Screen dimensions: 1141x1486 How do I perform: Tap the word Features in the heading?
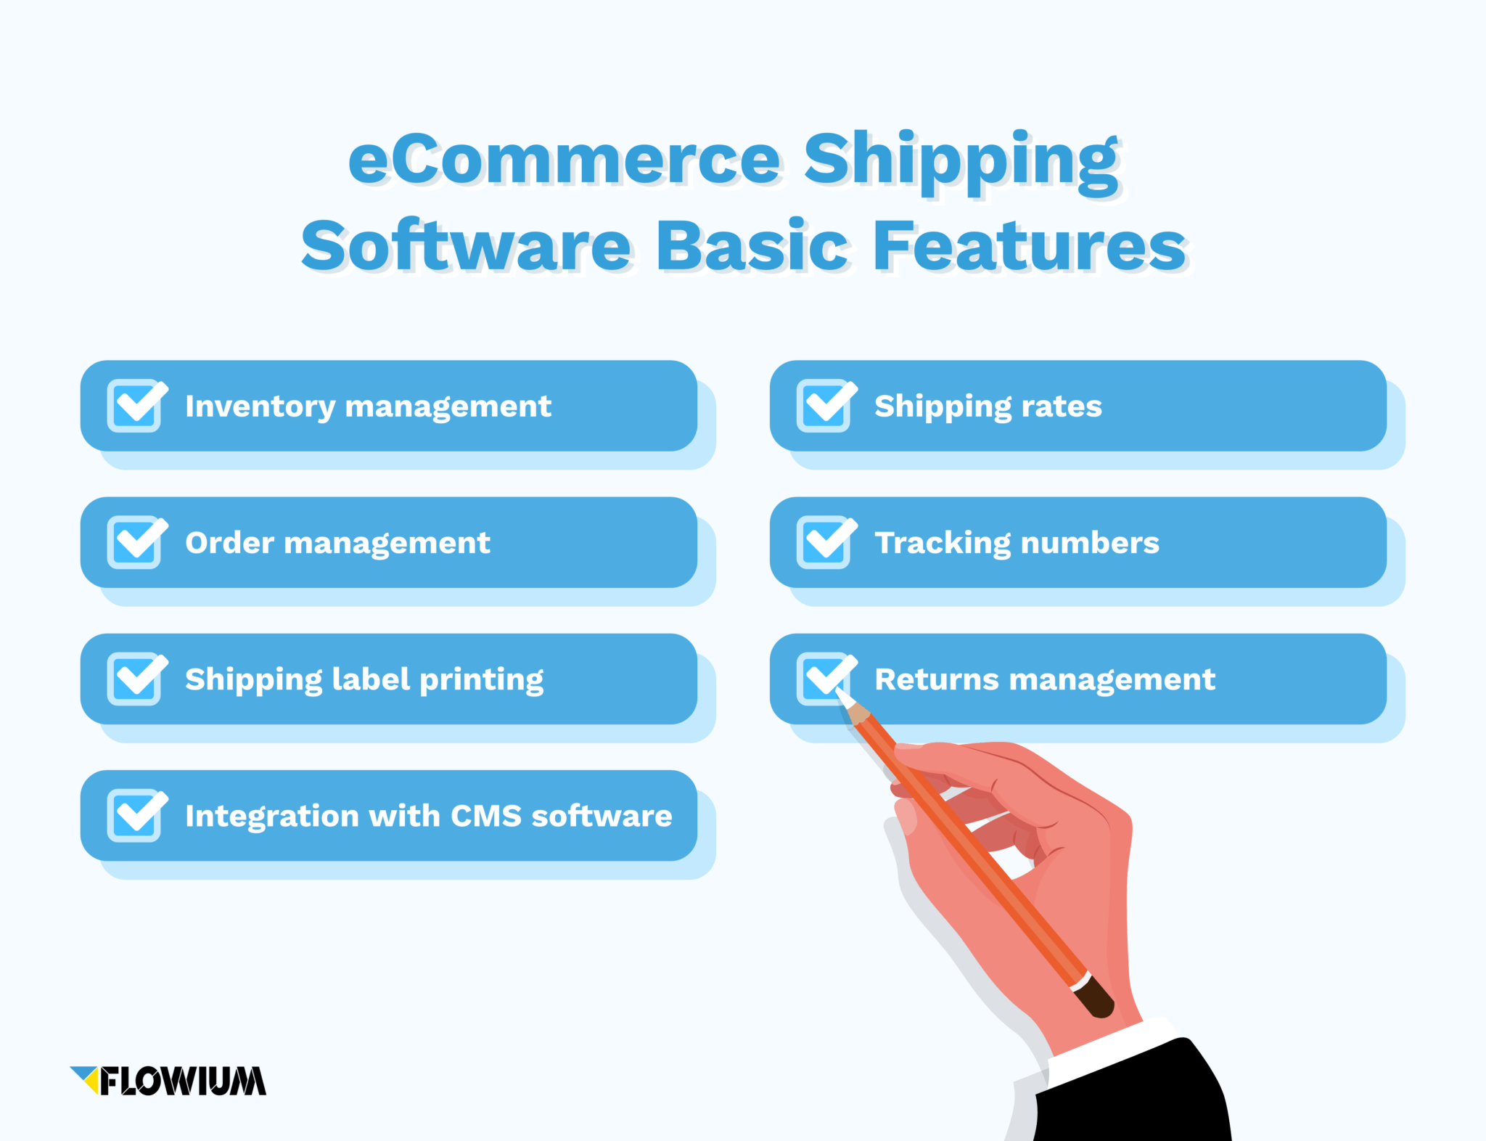tap(1029, 247)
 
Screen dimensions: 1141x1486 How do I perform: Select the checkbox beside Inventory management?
tap(135, 405)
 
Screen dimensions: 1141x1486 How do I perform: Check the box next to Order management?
tap(135, 541)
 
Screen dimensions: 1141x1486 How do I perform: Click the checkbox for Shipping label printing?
tap(135, 678)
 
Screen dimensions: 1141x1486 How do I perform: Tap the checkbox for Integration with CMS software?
tap(135, 814)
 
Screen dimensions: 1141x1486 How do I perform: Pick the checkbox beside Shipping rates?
tap(824, 405)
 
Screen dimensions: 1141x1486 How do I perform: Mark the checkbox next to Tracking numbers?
tap(824, 541)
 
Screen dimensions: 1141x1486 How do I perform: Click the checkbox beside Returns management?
tap(824, 678)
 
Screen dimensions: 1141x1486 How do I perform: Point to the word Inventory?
tap(259, 406)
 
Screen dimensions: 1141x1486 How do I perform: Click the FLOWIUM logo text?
tap(183, 1081)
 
